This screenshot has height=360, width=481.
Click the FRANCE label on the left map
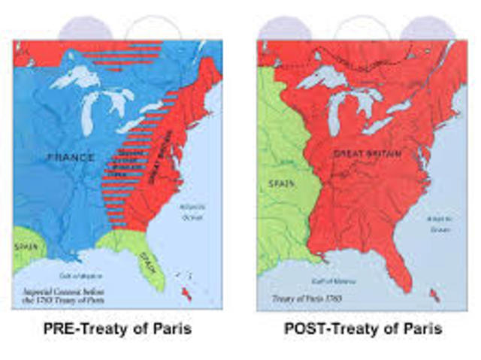[x=71, y=157]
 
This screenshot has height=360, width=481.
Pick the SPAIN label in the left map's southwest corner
[x=24, y=245]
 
